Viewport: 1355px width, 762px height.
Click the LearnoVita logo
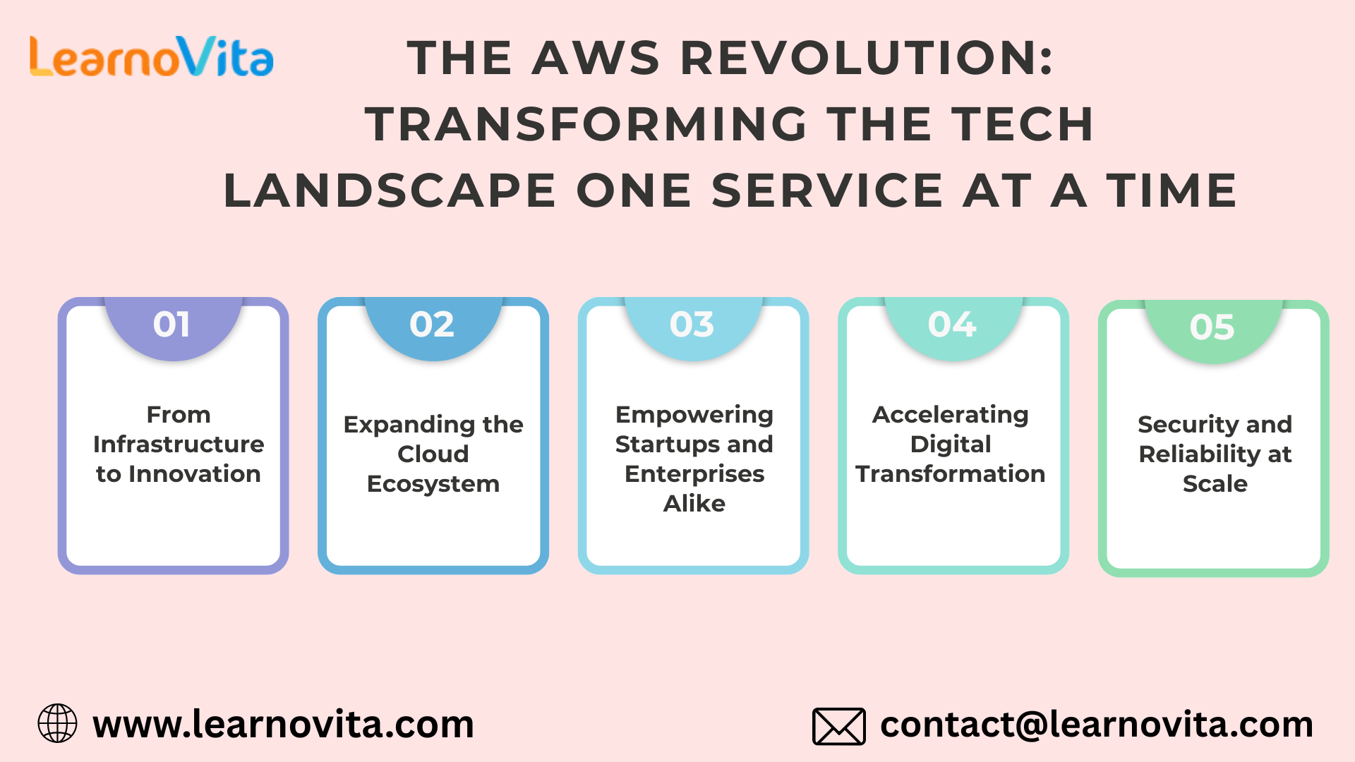click(x=151, y=56)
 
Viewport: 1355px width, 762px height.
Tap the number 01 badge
click(x=172, y=325)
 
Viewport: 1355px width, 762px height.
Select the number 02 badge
click(x=432, y=325)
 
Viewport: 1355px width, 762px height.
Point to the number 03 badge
click(x=692, y=325)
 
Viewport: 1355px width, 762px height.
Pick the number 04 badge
click(x=952, y=325)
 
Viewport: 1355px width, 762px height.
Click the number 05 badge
click(x=1212, y=327)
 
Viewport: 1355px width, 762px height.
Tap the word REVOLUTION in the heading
click(x=867, y=58)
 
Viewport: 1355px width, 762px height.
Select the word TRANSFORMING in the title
click(x=586, y=124)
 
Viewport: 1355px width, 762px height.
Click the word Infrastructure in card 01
click(x=179, y=445)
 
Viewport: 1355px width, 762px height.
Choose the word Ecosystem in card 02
click(x=433, y=484)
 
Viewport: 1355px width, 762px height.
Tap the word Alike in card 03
click(x=694, y=504)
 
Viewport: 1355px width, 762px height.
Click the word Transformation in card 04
click(x=951, y=474)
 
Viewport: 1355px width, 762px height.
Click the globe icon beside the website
click(x=57, y=724)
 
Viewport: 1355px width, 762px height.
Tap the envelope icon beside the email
click(x=838, y=726)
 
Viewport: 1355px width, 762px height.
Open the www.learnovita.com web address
click(x=283, y=725)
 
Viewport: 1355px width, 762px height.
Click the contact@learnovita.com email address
click(x=1096, y=725)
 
